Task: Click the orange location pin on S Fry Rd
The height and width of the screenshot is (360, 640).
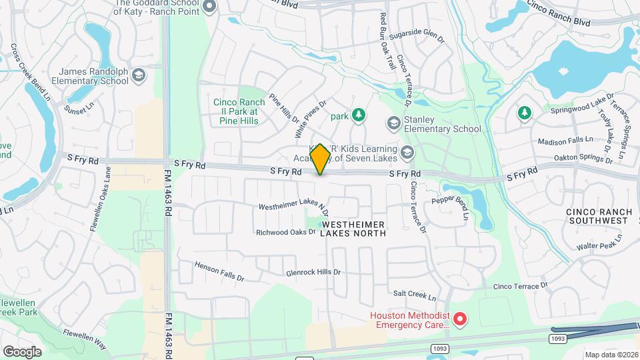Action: (321, 159)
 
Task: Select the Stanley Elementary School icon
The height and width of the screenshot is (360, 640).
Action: (394, 123)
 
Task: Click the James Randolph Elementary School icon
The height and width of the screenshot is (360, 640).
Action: (139, 75)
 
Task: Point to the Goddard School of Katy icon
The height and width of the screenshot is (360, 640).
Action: (209, 7)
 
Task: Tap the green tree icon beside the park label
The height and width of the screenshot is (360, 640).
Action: (359, 115)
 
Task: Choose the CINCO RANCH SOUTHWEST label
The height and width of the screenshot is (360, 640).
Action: (599, 215)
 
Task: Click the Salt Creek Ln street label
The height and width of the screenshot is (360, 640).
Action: (414, 295)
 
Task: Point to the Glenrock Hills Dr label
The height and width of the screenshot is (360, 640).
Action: (313, 272)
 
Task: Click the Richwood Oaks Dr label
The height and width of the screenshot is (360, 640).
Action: (286, 233)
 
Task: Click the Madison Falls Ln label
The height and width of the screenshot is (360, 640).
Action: (565, 141)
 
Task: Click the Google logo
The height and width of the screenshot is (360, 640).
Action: (22, 351)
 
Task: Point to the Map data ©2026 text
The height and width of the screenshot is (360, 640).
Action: (611, 355)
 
